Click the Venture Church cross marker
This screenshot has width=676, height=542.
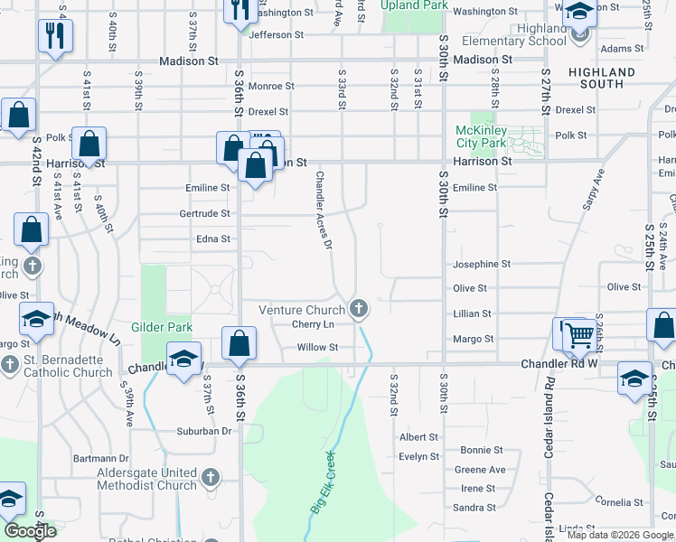(359, 310)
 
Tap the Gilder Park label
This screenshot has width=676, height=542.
(158, 327)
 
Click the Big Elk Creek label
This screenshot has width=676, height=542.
(323, 482)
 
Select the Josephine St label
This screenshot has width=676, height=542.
(482, 265)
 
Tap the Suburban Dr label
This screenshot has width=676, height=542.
(205, 431)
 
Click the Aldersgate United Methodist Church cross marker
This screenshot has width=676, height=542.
(210, 476)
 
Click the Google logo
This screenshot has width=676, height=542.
(31, 531)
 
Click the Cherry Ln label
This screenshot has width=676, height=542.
(313, 324)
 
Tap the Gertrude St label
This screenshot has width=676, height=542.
(205, 214)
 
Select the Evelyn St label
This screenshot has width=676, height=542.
(418, 457)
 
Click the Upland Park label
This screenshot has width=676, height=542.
(414, 5)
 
